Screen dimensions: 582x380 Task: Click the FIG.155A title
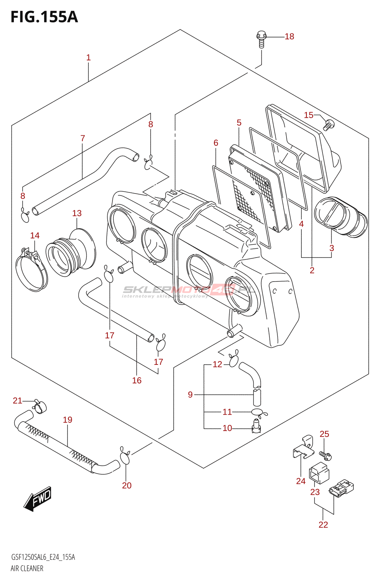click(44, 17)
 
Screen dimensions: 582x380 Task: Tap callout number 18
click(289, 36)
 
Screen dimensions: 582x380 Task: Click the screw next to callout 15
click(328, 124)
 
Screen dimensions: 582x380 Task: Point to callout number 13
click(77, 213)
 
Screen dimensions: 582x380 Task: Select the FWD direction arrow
click(38, 498)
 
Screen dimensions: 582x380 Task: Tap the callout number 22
click(323, 525)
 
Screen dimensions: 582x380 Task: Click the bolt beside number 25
click(325, 455)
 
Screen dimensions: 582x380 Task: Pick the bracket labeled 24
click(304, 449)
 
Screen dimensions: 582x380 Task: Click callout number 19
click(68, 420)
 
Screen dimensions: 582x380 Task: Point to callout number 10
click(227, 428)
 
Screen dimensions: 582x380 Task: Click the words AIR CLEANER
click(27, 568)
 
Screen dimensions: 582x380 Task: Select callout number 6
click(216, 143)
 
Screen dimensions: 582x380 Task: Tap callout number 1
click(88, 57)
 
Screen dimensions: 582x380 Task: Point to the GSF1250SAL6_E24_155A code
click(43, 557)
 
